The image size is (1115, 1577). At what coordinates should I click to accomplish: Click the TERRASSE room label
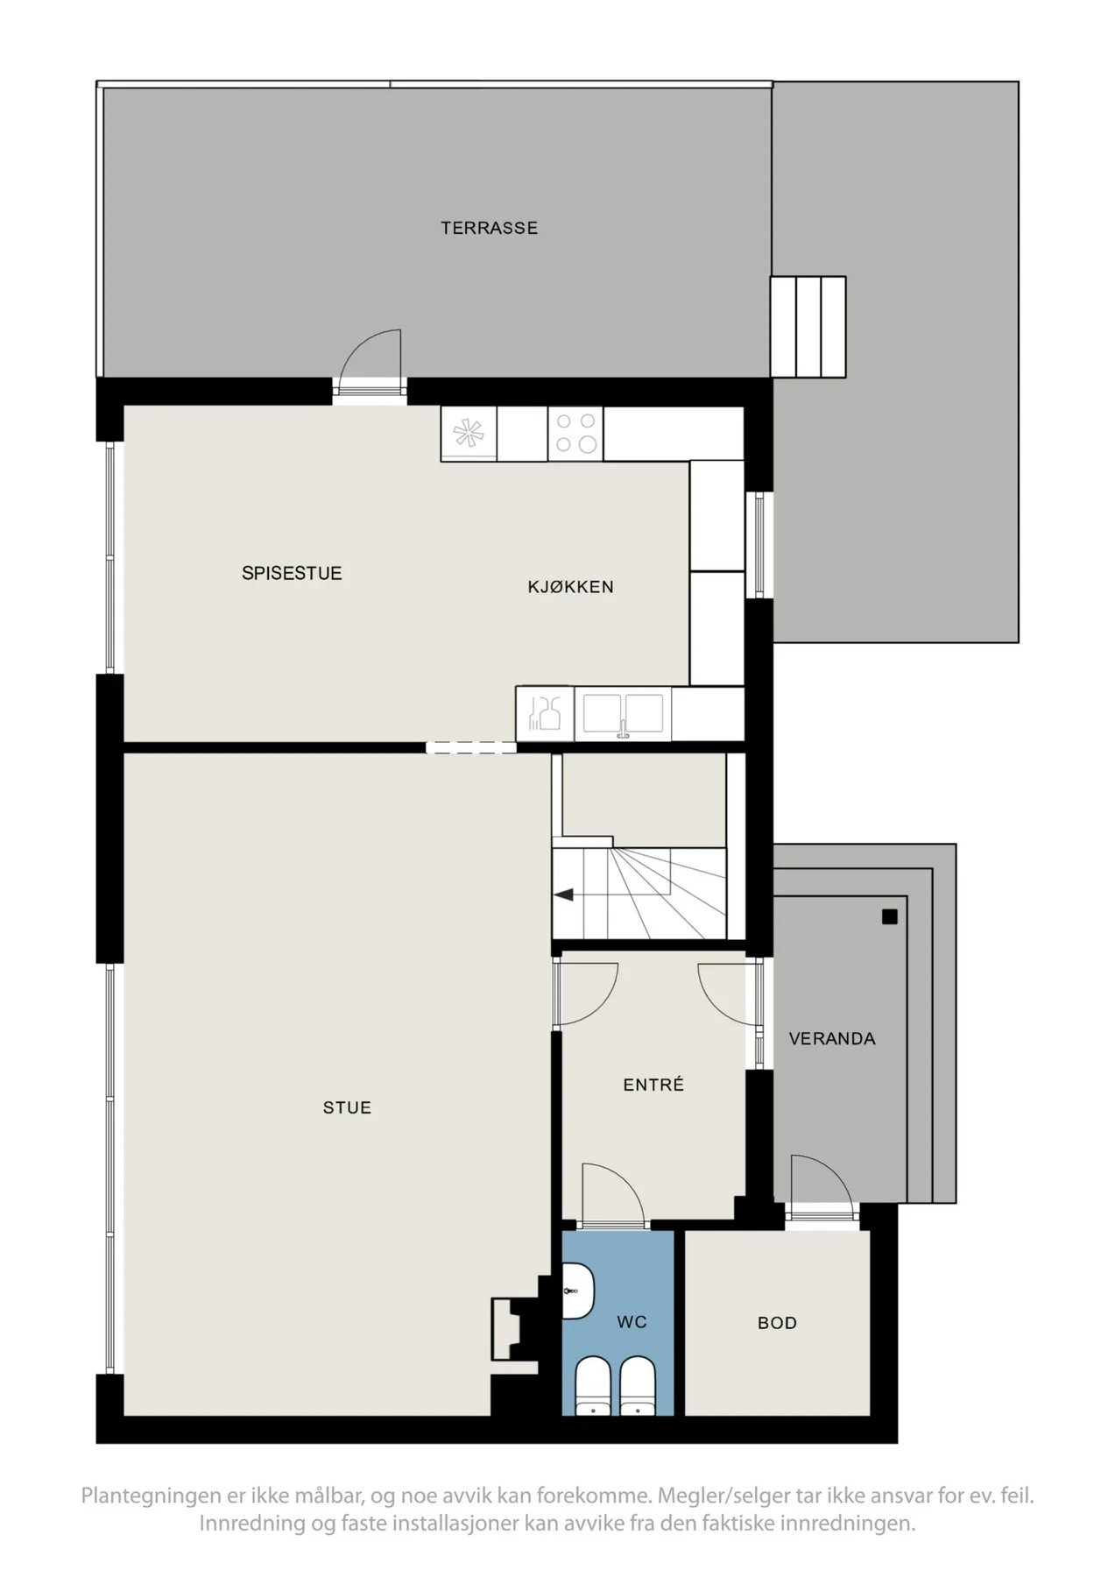489,228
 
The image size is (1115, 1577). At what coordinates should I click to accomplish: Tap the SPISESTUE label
292,573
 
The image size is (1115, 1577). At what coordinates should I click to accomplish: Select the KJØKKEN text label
570,587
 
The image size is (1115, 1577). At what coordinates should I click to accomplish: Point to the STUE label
347,1107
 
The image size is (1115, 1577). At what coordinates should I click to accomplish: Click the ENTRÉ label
653,1085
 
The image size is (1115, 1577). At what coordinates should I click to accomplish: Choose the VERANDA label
832,1038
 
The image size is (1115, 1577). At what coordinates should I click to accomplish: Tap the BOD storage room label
777,1323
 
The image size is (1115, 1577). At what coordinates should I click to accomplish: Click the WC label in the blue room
632,1321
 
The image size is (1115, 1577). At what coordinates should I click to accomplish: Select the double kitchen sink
623,713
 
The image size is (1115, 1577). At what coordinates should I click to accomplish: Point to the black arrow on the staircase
564,895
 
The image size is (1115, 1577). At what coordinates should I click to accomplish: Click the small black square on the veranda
890,917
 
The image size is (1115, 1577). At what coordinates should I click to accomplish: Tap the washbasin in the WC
578,1291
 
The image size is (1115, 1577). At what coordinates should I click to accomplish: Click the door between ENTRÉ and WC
613,1196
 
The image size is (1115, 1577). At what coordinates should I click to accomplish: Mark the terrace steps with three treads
808,327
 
